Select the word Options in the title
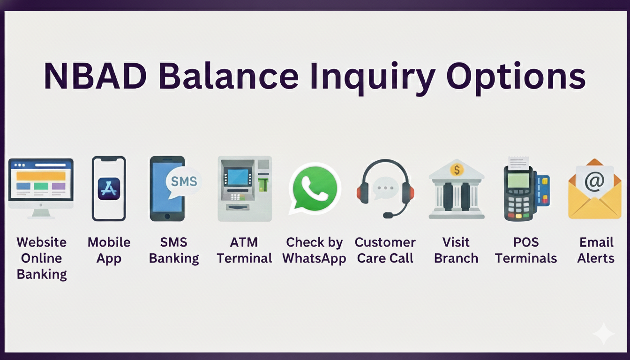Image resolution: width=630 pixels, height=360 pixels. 516,76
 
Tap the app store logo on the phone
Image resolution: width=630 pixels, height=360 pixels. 109,189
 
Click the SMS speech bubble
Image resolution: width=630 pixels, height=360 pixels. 183,181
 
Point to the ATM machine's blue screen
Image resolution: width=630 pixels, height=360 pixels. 238,177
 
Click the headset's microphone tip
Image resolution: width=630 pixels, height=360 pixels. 388,215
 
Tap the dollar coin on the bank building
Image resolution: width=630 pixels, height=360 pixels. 456,169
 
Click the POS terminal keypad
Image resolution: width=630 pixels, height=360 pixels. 519,204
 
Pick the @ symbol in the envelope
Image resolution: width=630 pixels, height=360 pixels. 594,181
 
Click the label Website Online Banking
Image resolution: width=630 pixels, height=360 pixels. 42,258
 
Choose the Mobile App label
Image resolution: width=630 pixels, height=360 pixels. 109,250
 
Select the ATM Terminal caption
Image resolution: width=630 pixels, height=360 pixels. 244,250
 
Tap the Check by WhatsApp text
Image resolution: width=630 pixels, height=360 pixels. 314,250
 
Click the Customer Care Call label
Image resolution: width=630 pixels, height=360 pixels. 385,250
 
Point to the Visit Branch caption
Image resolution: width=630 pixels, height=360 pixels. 456,250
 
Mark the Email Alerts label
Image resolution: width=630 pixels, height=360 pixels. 596,250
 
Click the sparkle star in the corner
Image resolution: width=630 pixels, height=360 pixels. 603,334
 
